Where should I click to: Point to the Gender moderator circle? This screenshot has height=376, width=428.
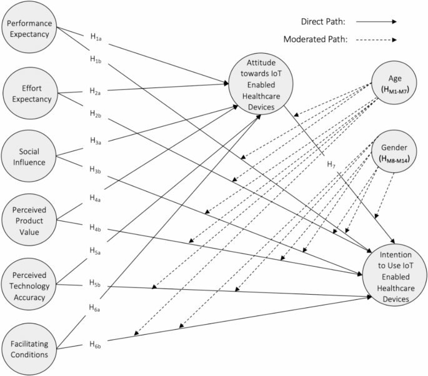coord(394,152)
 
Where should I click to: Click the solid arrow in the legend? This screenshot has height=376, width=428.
coord(376,21)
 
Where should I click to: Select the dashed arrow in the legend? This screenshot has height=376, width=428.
coord(376,40)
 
